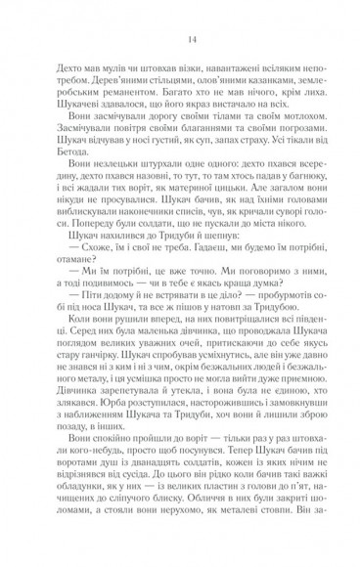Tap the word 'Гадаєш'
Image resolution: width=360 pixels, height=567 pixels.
(x=223, y=283)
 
